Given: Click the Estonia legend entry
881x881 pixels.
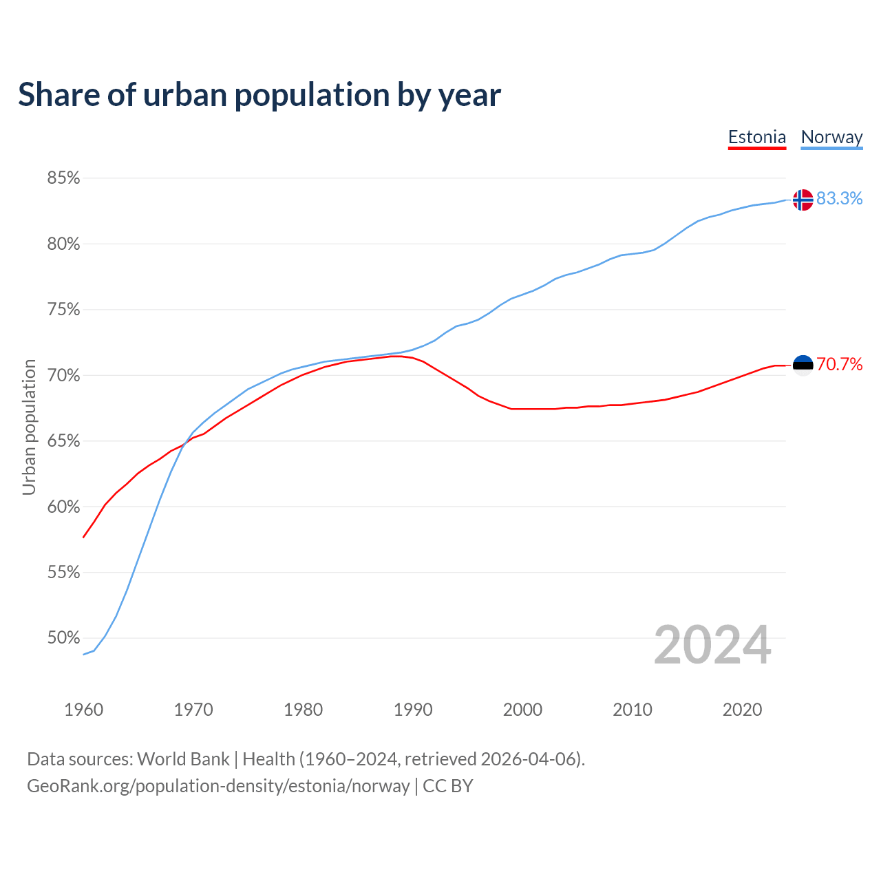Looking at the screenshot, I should point(756,137).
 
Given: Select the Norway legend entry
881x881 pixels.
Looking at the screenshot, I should point(831,137).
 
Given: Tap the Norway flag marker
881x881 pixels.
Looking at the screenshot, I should point(803,200).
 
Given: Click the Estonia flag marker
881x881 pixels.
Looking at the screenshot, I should point(803,365).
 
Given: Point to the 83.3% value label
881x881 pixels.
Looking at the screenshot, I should point(839,198).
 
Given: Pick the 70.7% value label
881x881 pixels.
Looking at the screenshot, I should point(839,364).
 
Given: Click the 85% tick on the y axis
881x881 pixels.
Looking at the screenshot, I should point(63,178).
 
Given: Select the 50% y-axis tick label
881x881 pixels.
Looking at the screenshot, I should point(63,638).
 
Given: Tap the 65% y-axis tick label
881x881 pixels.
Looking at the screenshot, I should point(63,441).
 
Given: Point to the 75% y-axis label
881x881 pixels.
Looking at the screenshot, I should point(63,310).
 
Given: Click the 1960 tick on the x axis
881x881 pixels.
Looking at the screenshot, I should point(83,710).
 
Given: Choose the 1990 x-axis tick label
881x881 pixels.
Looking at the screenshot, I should point(413,710).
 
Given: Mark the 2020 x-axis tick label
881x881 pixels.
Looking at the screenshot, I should point(742,710).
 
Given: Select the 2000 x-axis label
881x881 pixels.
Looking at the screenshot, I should point(522,710).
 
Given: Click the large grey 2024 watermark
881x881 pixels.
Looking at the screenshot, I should point(712,645).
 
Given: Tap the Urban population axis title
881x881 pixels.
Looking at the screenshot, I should point(29,427).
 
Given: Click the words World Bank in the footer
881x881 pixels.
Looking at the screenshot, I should point(183,759).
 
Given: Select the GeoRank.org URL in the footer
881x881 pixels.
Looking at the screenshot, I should point(218,786).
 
